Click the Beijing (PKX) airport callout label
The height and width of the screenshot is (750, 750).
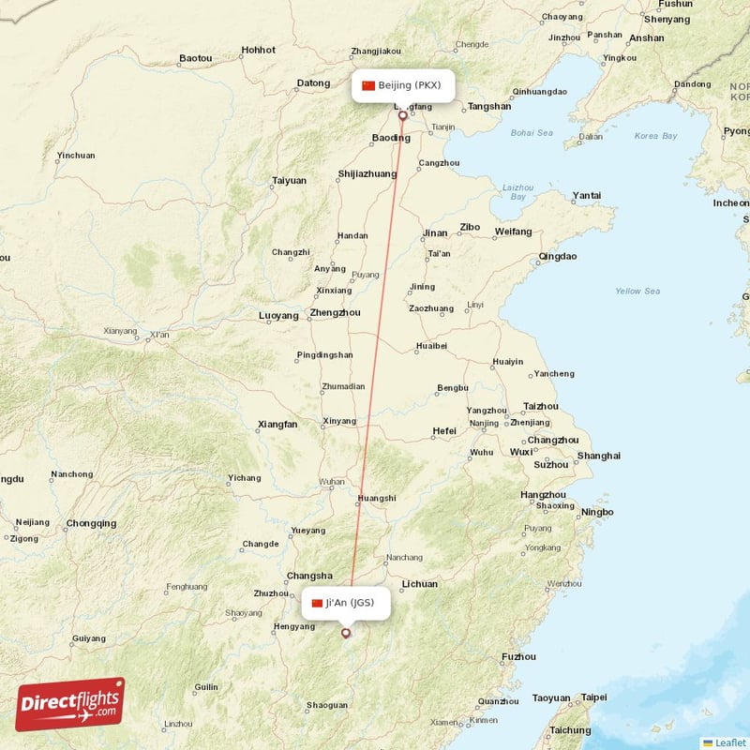coord(403,85)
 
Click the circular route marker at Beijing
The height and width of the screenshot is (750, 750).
coord(403,116)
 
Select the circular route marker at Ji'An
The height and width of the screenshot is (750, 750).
coord(346,633)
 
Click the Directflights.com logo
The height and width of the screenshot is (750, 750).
coord(70,705)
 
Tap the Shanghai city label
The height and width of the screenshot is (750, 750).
coord(599,456)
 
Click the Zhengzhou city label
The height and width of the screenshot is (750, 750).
coord(335,312)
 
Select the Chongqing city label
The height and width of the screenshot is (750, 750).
coord(91,523)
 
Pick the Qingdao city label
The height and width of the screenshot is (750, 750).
coord(557,256)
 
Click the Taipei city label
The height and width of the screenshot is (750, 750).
coord(593,697)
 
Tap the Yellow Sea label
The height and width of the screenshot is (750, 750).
coord(637,291)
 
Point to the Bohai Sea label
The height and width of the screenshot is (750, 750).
coord(532,133)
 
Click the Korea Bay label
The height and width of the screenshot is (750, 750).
coord(655,136)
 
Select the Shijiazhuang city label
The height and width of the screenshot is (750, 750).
coord(367,173)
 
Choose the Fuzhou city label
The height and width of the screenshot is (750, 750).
coord(518,656)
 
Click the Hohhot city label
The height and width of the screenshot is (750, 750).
coord(258,50)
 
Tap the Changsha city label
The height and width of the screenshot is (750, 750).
coord(309,576)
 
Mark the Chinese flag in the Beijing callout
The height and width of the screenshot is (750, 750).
coord(367,85)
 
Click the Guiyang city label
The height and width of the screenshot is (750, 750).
coord(88,638)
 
